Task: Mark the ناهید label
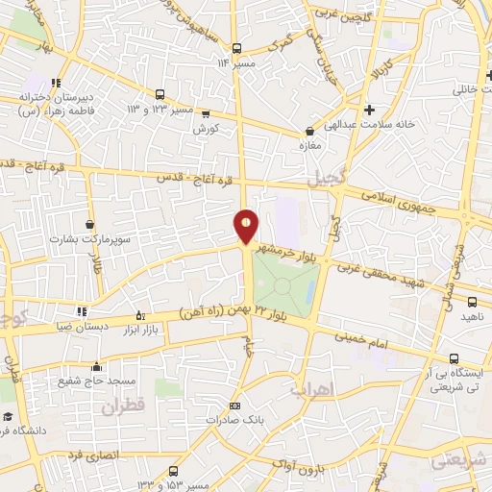coord(473,315)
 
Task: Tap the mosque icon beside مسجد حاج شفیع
coord(96,367)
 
